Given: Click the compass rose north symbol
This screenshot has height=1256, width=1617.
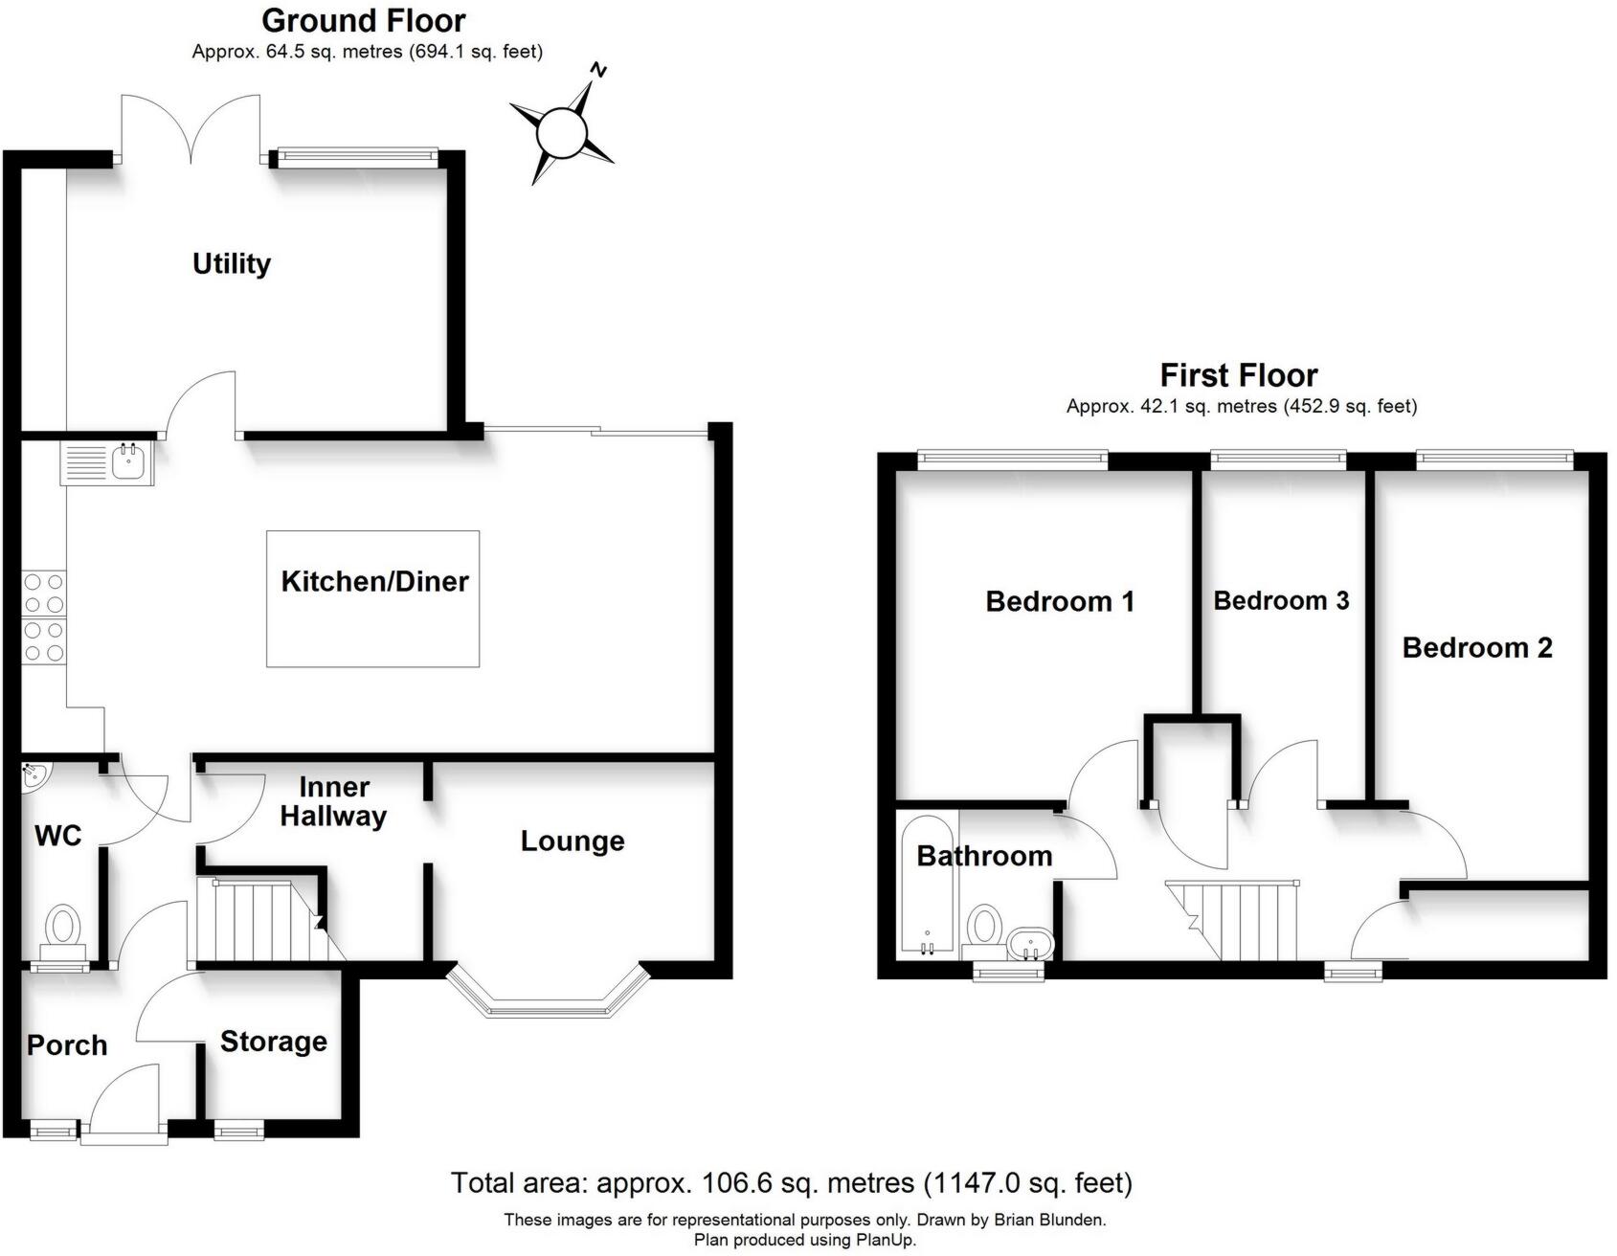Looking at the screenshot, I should point(561,131).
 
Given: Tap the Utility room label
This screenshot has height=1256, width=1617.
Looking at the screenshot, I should point(232,263).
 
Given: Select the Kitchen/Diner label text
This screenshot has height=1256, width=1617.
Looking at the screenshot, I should point(374,581).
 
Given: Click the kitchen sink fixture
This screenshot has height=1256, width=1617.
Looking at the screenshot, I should point(126,463).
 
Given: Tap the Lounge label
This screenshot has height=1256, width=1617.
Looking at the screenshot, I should point(573,841).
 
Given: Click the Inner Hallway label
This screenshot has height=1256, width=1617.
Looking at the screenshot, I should point(333,801).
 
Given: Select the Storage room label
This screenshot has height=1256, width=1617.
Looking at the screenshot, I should point(273,1042).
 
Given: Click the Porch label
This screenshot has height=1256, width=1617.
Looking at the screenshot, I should point(67,1044).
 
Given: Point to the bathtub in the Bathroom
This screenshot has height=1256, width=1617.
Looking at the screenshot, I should point(927,886).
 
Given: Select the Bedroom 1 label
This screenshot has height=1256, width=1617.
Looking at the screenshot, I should point(1060,601).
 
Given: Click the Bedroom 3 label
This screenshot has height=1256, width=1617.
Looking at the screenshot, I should point(1281,600).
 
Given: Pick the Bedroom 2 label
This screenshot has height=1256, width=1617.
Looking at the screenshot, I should point(1477,647).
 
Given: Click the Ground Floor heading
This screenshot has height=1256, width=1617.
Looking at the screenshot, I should point(364,20).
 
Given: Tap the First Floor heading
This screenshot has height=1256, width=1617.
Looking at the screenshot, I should point(1239,374).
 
